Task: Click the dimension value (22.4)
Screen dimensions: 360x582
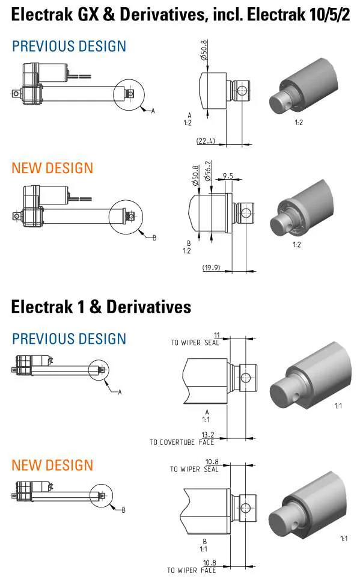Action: [x=206, y=141]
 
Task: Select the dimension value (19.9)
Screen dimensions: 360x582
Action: [x=211, y=268]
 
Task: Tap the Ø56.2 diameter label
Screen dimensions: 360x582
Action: [x=208, y=171]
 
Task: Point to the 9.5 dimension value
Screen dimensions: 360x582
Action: [x=228, y=176]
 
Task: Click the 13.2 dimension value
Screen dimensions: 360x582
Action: [x=208, y=435]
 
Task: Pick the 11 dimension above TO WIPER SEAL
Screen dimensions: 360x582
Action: [x=217, y=335]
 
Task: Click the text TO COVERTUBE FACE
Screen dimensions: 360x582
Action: [x=182, y=442]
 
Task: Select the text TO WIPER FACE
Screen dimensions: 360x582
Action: [x=192, y=570]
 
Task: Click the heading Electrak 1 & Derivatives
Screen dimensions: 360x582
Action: [x=101, y=307]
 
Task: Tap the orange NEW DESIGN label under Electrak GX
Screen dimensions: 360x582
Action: [x=52, y=168]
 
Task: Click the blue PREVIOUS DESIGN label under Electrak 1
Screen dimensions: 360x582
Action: [x=69, y=339]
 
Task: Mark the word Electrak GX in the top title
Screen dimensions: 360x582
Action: [x=55, y=14]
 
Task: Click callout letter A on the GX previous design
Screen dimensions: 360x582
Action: [x=153, y=111]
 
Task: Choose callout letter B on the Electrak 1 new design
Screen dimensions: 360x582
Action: [x=124, y=510]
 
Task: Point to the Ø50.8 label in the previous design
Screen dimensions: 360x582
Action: [x=204, y=50]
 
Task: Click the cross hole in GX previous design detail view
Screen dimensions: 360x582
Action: [x=241, y=90]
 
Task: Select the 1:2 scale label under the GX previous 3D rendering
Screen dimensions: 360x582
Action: [x=299, y=123]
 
